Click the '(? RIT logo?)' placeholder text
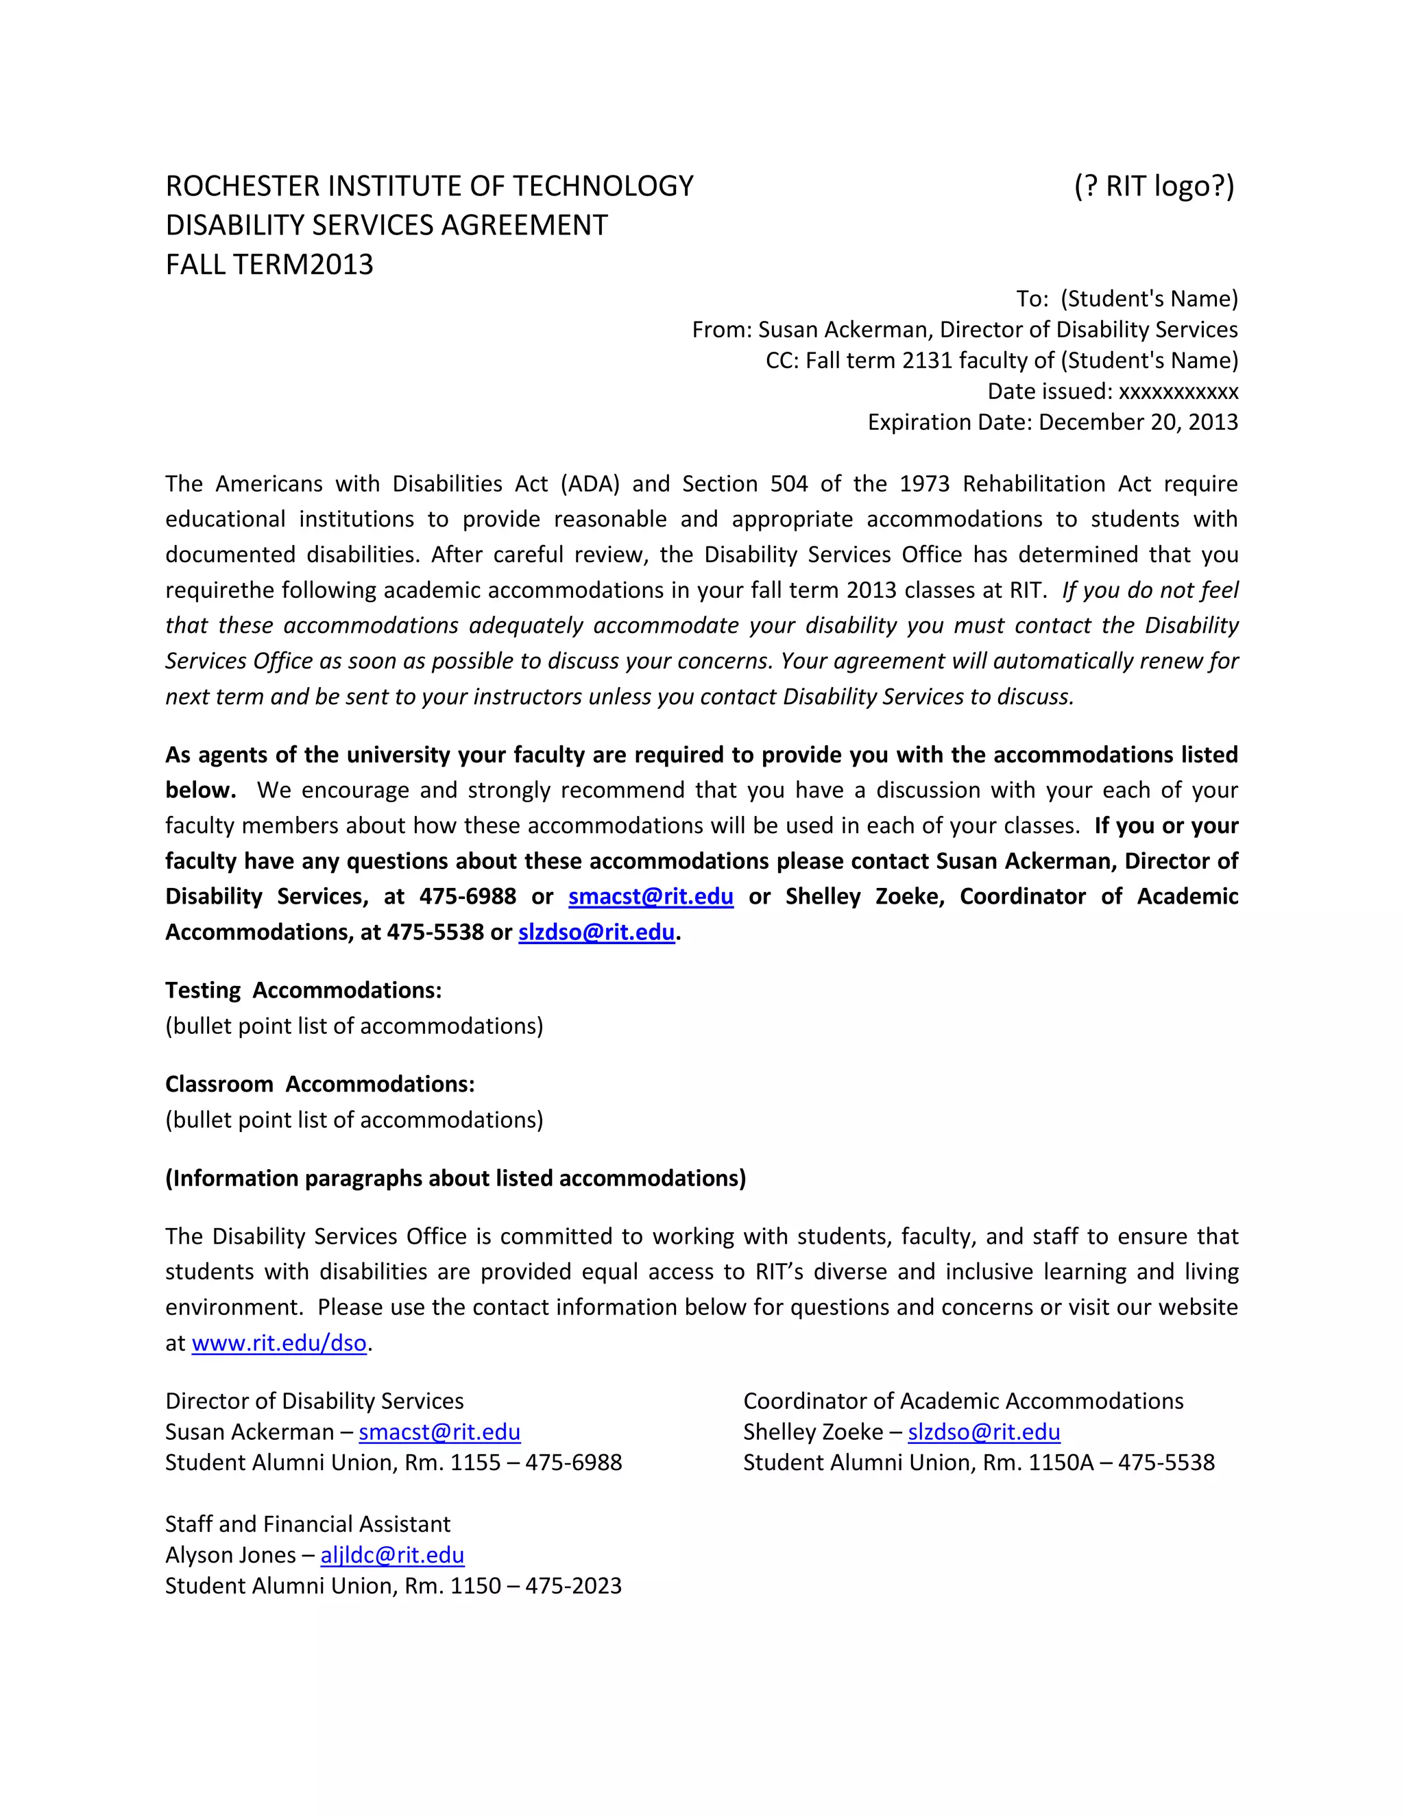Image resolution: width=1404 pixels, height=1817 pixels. tap(1154, 186)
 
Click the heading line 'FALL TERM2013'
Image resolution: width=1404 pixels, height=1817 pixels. tap(269, 265)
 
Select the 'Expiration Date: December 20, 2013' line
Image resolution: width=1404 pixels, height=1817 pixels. tap(1052, 422)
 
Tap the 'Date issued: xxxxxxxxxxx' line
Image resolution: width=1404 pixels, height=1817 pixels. tap(1112, 391)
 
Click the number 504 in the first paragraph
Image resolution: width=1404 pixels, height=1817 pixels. tap(788, 483)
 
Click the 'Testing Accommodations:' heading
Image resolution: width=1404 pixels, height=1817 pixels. tap(303, 990)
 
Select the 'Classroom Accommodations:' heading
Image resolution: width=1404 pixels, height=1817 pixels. tap(319, 1084)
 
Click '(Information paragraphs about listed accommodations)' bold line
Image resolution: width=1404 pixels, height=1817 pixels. tap(455, 1178)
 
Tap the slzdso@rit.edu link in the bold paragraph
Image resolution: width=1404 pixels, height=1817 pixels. tap(596, 932)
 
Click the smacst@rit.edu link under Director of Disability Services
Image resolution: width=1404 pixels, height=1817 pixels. tap(439, 1432)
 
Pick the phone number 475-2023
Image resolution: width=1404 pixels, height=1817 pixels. tap(573, 1586)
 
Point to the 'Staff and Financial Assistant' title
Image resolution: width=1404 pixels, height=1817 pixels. tap(308, 1524)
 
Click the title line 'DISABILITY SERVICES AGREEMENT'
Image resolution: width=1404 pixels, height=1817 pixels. tap(387, 226)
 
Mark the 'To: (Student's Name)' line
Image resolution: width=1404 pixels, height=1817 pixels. tap(1126, 299)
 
